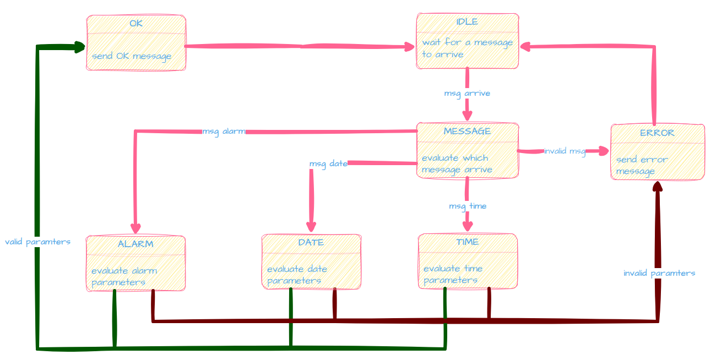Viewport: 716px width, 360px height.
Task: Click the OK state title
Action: pyautogui.click(x=136, y=23)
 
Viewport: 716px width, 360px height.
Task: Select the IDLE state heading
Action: pyautogui.click(x=467, y=21)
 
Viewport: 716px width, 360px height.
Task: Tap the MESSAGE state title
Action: pyautogui.click(x=467, y=131)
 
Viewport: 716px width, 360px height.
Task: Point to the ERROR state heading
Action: pyautogui.click(x=657, y=133)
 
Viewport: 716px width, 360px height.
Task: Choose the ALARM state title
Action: pyautogui.click(x=135, y=244)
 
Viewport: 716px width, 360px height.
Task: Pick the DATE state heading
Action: pyautogui.click(x=311, y=242)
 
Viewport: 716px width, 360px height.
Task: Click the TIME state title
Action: pyautogui.click(x=467, y=242)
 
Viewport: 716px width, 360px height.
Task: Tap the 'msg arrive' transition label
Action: pyautogui.click(x=467, y=93)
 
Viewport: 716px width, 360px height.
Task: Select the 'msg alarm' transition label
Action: pyautogui.click(x=224, y=132)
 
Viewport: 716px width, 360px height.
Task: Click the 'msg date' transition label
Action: pyautogui.click(x=328, y=163)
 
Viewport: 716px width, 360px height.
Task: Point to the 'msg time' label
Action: pyautogui.click(x=468, y=206)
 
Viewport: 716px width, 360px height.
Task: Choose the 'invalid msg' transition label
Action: pyautogui.click(x=565, y=151)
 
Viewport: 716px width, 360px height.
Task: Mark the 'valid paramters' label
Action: pyautogui.click(x=38, y=242)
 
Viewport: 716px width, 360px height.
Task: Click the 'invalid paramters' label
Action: pyautogui.click(x=659, y=273)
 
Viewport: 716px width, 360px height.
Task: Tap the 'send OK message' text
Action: pyautogui.click(x=132, y=56)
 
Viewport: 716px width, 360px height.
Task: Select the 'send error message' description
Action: pyautogui.click(x=642, y=165)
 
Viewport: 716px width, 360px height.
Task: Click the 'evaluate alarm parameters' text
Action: pyautogui.click(x=124, y=276)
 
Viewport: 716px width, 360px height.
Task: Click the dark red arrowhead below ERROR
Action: pyautogui.click(x=657, y=186)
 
